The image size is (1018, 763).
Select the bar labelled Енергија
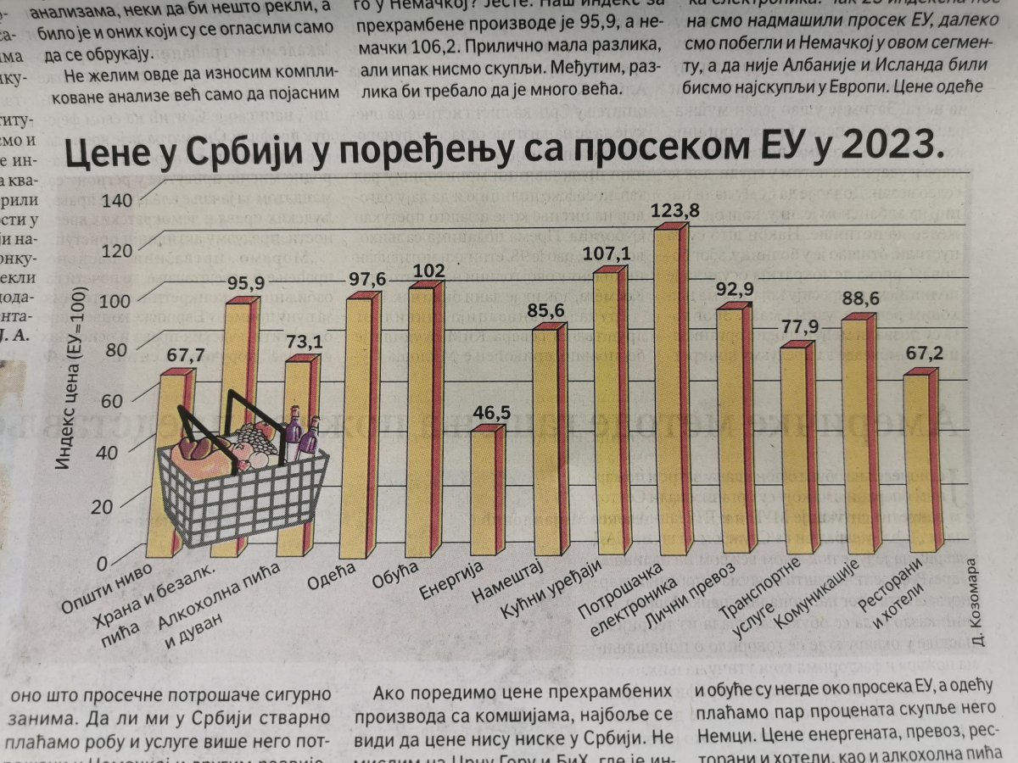[x=486, y=496]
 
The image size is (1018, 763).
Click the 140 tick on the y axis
[x=117, y=201]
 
